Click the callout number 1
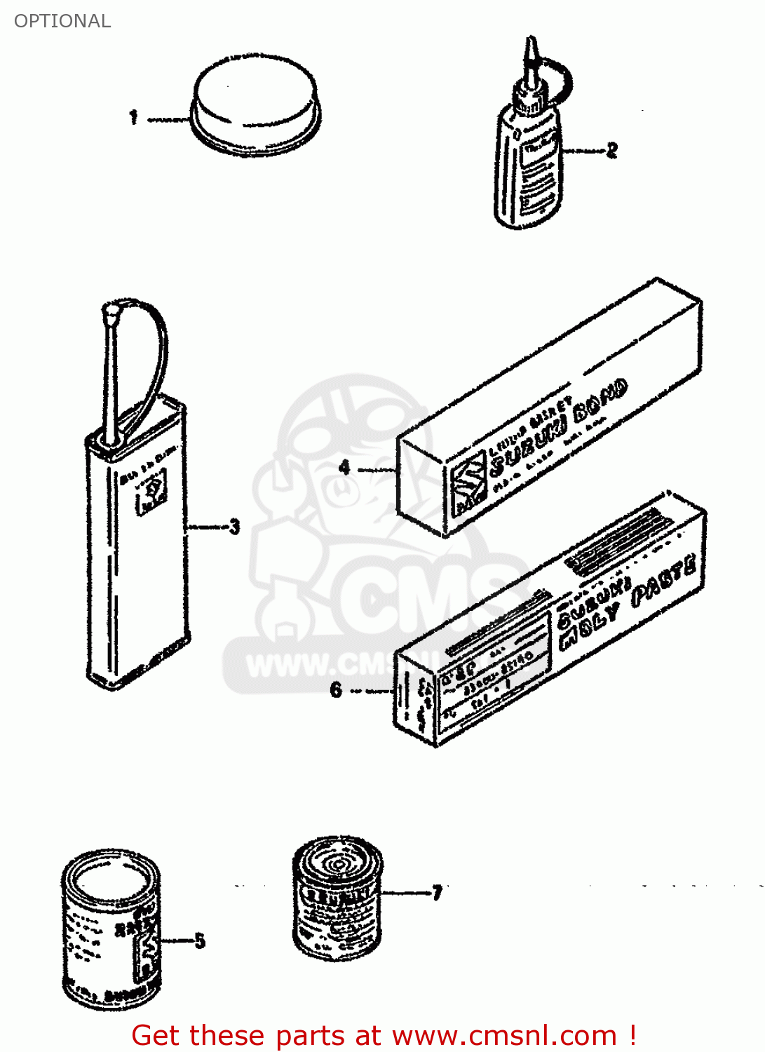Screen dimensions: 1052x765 click(x=133, y=117)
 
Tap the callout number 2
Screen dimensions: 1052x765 click(x=611, y=150)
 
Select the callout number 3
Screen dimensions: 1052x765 click(x=234, y=527)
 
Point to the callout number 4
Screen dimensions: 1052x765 click(x=344, y=467)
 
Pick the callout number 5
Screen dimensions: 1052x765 click(x=200, y=940)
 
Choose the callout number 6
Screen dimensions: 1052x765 click(x=336, y=690)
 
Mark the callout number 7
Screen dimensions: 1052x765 click(x=437, y=893)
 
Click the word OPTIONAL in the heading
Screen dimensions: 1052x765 click(x=62, y=21)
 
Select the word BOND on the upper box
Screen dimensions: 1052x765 click(x=600, y=401)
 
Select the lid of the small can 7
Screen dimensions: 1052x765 click(x=338, y=862)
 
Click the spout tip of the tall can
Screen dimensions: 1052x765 click(x=111, y=310)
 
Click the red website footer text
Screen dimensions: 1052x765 click(x=384, y=1035)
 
